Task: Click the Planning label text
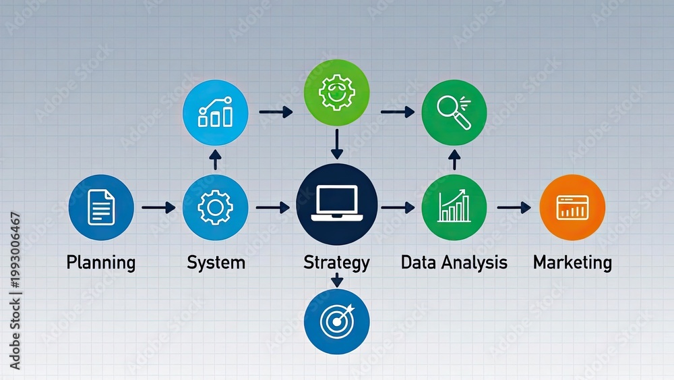[x=101, y=263]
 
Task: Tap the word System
[x=216, y=263]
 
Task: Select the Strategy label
[x=336, y=263]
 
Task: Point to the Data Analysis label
[x=454, y=263]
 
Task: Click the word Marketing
[x=572, y=263]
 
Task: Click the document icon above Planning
[x=101, y=207]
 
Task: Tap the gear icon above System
[x=216, y=207]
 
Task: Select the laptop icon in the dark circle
[x=337, y=203]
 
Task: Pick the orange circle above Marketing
[x=572, y=207]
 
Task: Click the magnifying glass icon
[x=454, y=112]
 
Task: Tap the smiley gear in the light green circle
[x=336, y=92]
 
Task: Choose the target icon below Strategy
[x=338, y=321]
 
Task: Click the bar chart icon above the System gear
[x=216, y=112]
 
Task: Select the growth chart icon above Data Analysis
[x=454, y=206]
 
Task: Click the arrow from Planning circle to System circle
[x=158, y=207]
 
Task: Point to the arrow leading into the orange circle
[x=514, y=207]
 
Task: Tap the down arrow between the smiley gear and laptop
[x=337, y=144]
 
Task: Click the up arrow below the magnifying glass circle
[x=454, y=160]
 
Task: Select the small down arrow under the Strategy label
[x=337, y=280]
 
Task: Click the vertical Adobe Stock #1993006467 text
[x=15, y=290]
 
